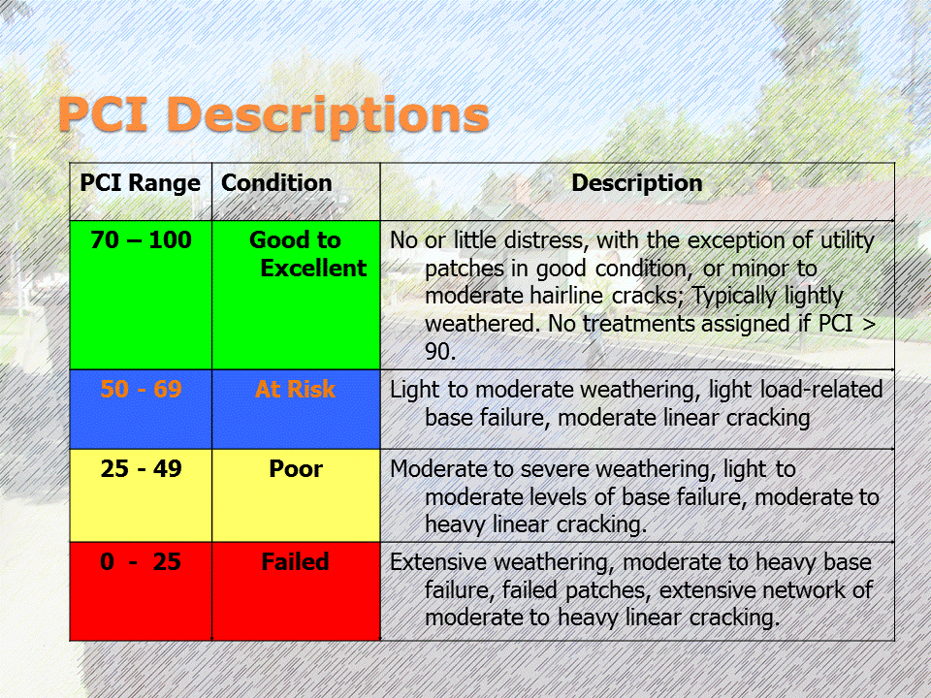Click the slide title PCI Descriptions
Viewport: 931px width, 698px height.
(273, 114)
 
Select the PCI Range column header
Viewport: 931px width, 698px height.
(140, 183)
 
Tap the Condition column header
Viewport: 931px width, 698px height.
(276, 183)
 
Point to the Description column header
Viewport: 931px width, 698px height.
(636, 183)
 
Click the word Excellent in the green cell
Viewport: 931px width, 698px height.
(313, 269)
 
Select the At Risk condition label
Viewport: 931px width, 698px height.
(295, 390)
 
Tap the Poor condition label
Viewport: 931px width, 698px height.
(295, 469)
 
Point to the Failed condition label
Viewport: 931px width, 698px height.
(295, 561)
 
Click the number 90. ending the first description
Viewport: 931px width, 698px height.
(440, 351)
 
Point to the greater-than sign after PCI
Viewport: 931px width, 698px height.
(869, 324)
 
